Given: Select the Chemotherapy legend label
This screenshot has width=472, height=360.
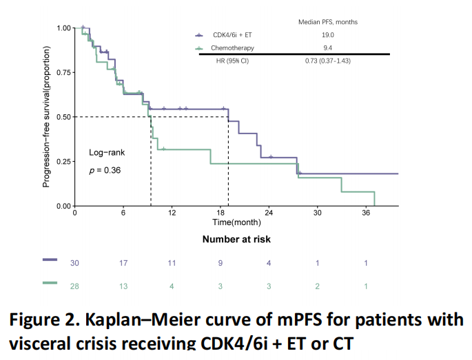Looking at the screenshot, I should coord(233,48).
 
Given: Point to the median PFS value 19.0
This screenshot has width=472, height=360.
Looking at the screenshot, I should coord(328,35).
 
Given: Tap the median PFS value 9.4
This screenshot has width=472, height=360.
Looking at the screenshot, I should coord(328,48).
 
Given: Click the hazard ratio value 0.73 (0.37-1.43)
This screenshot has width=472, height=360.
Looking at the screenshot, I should coord(328,61).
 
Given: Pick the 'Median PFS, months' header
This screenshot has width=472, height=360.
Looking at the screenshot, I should coord(328,22).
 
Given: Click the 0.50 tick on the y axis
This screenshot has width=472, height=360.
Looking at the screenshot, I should coord(63,117).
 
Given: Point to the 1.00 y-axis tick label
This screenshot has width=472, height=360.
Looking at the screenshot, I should coord(63,28).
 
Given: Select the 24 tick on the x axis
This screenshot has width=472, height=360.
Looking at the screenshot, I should coord(269,213).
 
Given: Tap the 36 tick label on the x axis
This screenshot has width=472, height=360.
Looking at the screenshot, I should coord(367,213).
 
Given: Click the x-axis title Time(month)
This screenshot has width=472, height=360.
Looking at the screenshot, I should coord(232,222).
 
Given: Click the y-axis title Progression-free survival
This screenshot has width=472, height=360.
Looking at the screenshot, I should coord(46,117).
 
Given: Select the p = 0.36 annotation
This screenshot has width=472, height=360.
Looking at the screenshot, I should coord(105,170).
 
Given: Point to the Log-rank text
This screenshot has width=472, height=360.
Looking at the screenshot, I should coord(107,152).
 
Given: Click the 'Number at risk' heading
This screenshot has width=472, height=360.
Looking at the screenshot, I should coord(236,240).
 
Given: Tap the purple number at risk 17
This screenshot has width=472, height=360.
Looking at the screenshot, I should coord(123,262).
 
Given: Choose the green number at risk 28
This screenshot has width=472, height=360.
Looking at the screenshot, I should coord(74,285).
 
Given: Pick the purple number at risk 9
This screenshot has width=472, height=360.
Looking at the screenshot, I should coord(220,262).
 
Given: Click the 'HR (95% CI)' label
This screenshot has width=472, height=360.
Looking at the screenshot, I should coord(232,61).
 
